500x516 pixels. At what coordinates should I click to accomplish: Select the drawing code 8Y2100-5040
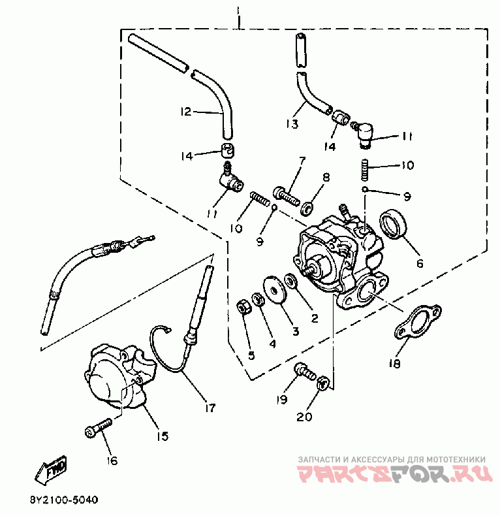click(x=63, y=500)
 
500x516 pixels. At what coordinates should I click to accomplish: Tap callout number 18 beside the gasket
click(x=396, y=363)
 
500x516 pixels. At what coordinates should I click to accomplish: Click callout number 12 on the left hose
click(x=185, y=112)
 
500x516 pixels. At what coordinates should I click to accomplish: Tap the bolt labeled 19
click(x=302, y=370)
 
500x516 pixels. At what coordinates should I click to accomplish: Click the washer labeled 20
click(x=322, y=383)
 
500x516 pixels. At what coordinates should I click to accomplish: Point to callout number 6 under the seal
click(x=419, y=263)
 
